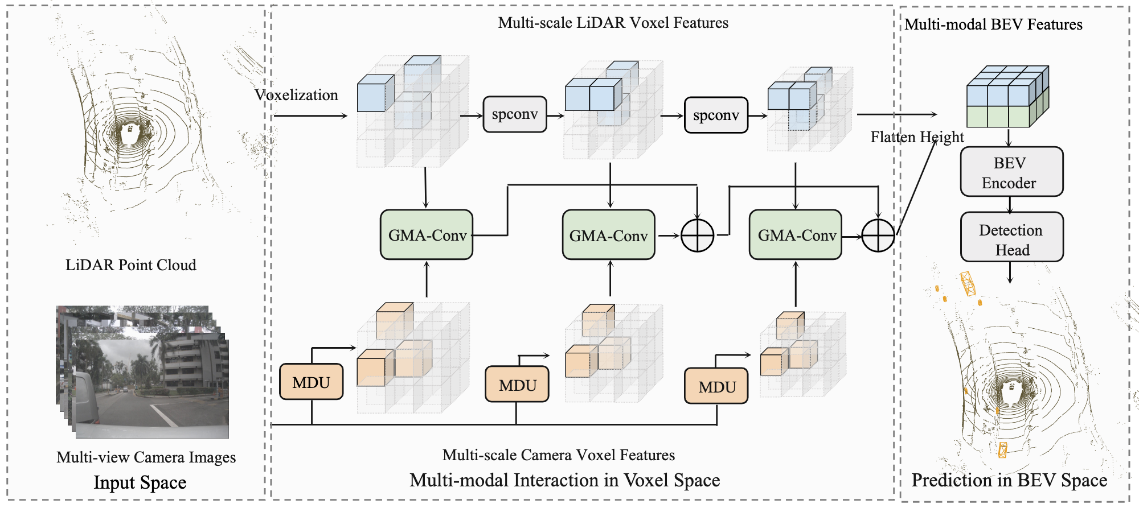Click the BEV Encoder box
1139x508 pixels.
pos(1011,172)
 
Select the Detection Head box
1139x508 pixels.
pos(1011,237)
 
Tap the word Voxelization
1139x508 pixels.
pos(296,95)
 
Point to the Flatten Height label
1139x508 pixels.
pos(917,137)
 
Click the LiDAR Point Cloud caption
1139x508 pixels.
pos(130,265)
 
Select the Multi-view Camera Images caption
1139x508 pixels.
pos(146,457)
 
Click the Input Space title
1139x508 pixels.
pos(140,482)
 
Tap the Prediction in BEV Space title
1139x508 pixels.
pos(1009,480)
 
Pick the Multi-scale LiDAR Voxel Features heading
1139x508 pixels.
pos(613,23)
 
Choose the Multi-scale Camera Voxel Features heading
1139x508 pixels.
pos(558,455)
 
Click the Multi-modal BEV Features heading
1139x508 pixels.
pos(993,24)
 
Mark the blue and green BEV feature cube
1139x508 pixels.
pos(1007,97)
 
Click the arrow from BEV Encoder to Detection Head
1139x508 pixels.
pos(1010,205)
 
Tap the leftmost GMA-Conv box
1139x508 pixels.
pos(427,235)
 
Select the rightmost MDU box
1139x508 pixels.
pos(716,386)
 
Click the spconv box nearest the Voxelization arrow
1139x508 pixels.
pos(515,114)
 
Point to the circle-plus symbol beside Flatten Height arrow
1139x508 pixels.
pos(878,235)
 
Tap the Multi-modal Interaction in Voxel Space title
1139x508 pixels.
pos(564,480)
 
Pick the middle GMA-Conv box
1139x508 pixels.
pos(608,236)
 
